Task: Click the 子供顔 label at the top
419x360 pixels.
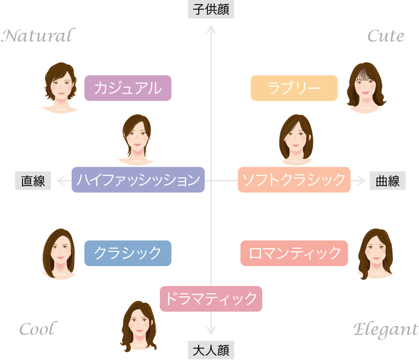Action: [211, 10]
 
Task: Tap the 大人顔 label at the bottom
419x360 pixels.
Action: [211, 350]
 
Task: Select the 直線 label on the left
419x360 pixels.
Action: [33, 181]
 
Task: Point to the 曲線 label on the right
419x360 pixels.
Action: [387, 181]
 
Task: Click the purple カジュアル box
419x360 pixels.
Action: [128, 88]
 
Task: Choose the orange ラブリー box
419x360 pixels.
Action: [294, 88]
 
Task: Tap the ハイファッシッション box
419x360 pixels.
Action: [138, 180]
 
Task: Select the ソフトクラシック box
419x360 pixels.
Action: [294, 180]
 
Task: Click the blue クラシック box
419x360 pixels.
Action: [128, 253]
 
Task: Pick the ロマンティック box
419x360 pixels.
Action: [294, 253]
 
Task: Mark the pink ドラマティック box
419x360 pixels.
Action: [211, 298]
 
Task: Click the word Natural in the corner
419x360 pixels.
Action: [37, 36]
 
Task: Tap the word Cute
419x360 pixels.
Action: [386, 36]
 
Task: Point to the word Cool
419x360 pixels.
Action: [37, 329]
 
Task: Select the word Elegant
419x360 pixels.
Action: [385, 329]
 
